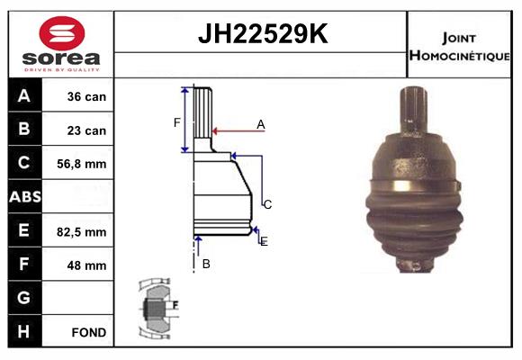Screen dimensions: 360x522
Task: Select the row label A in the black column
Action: point(24,96)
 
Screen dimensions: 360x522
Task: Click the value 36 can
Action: point(86,96)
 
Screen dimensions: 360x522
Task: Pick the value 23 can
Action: point(86,130)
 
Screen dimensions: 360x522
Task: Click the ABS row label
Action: point(24,197)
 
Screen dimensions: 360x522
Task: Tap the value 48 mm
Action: point(86,265)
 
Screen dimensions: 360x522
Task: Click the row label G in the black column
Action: point(24,298)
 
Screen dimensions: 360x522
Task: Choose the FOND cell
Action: point(88,332)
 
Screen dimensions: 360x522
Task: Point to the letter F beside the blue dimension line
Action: point(177,121)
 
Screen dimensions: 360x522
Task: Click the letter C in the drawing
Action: point(267,204)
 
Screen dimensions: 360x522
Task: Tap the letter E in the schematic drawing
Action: point(264,241)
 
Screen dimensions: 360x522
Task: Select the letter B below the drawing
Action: point(206,264)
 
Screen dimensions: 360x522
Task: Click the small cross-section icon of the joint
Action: point(157,307)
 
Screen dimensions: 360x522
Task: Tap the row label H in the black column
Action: point(24,332)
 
